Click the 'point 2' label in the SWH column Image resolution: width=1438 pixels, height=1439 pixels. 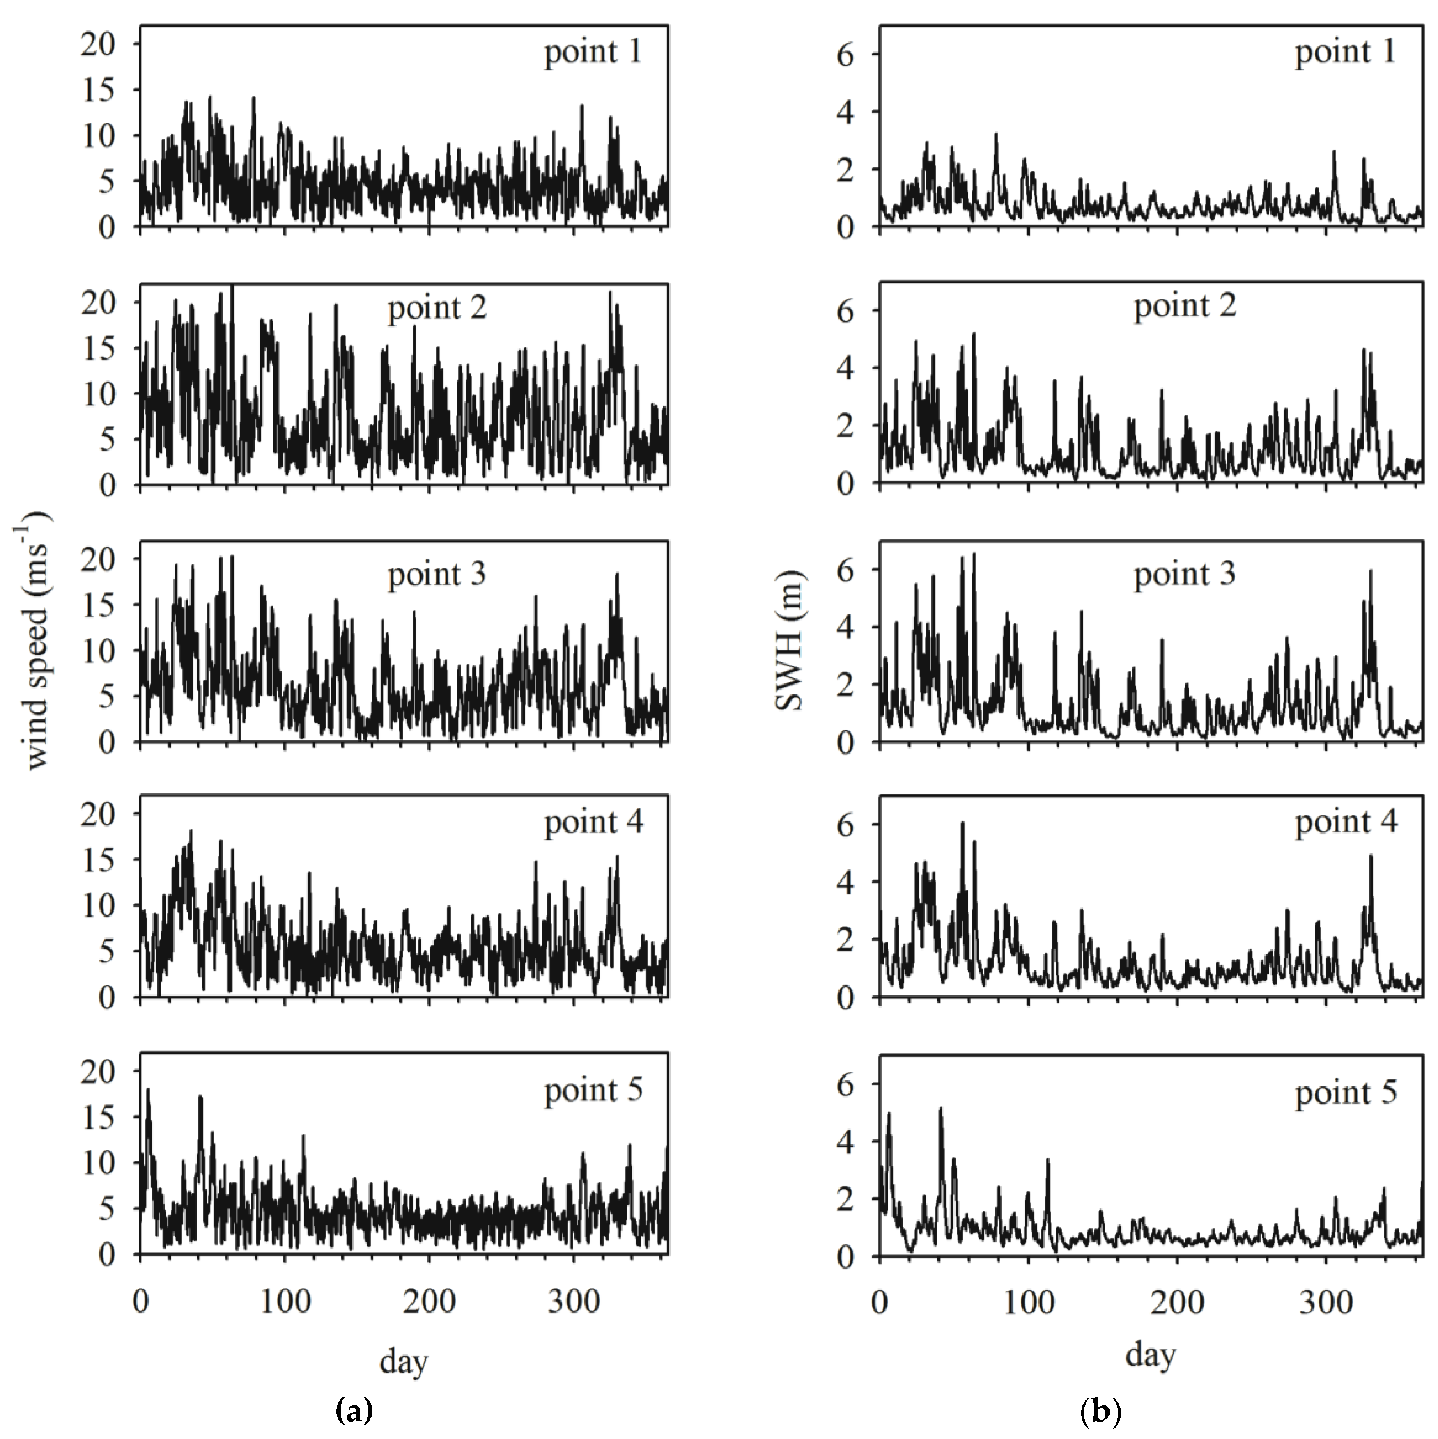click(1185, 306)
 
